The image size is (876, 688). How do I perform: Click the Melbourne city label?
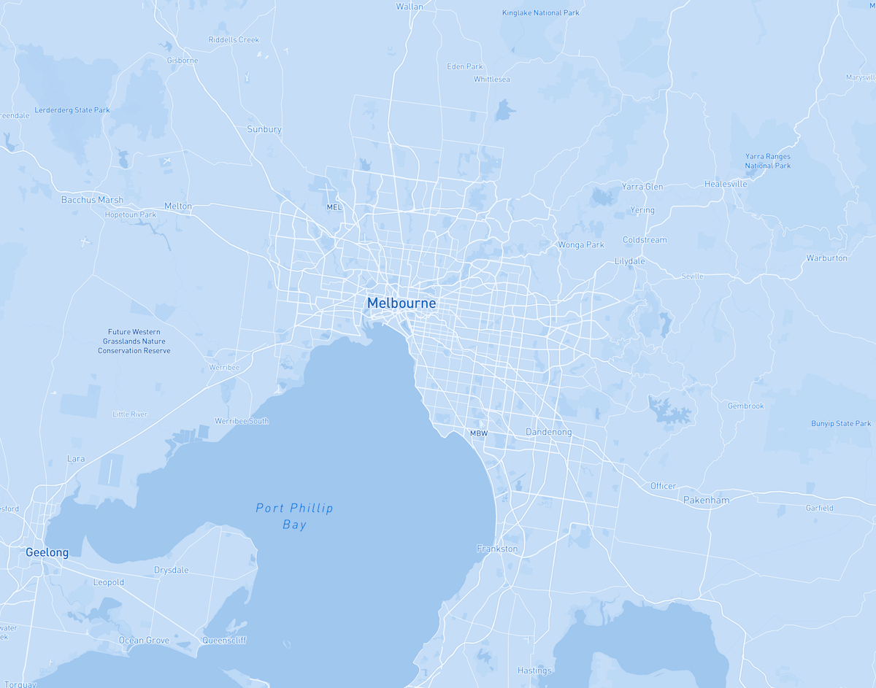click(x=401, y=303)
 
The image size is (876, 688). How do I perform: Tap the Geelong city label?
click(x=47, y=552)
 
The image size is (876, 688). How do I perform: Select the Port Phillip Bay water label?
click(x=294, y=516)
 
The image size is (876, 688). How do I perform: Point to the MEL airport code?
click(x=334, y=207)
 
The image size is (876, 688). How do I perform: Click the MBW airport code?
click(x=478, y=433)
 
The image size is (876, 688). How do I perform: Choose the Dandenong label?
click(x=549, y=432)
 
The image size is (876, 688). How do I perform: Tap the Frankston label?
click(x=497, y=549)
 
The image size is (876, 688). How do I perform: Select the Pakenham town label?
click(x=706, y=500)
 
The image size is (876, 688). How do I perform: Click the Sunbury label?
click(x=264, y=129)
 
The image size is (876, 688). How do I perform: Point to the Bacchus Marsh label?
click(x=92, y=200)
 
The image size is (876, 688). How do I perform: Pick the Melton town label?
click(x=178, y=206)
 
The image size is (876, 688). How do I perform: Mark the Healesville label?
click(x=726, y=184)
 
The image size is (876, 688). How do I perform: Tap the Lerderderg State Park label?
click(x=72, y=110)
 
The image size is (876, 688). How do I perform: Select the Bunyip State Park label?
click(x=841, y=423)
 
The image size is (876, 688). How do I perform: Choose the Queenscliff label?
click(x=224, y=641)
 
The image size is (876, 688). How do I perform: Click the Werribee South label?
click(x=242, y=421)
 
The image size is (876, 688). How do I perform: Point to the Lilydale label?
click(x=630, y=261)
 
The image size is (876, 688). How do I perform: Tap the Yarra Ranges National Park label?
click(x=767, y=161)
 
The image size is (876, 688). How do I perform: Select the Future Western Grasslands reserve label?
click(x=134, y=341)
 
